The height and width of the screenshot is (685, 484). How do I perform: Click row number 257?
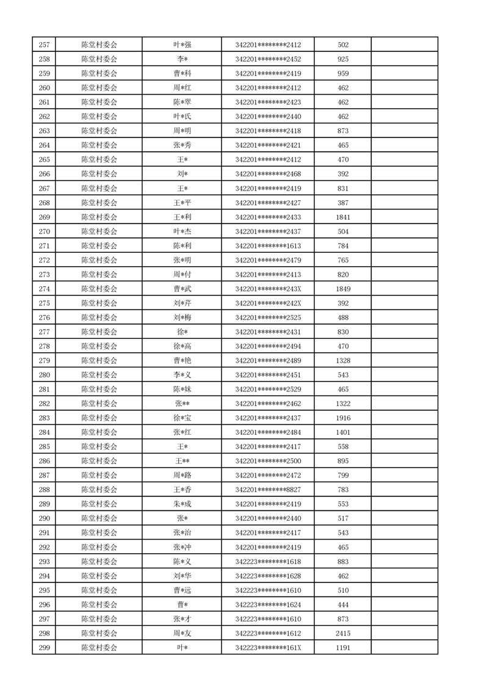[44, 45]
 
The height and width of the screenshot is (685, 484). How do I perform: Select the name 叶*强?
[182, 45]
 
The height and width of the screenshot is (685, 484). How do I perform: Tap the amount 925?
[342, 59]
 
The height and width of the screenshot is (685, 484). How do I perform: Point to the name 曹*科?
[182, 73]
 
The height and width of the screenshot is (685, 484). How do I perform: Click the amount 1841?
[342, 217]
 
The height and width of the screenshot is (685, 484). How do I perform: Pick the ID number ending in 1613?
[268, 246]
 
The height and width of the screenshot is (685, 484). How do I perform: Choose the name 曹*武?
[182, 289]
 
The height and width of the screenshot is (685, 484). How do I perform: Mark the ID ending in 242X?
[268, 303]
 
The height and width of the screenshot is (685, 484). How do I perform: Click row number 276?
[44, 317]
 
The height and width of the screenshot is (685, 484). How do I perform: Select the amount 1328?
[342, 361]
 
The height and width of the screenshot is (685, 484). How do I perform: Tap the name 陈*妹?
[182, 390]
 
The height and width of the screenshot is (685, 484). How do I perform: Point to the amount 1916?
[342, 418]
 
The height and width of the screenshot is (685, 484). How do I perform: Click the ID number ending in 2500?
[268, 461]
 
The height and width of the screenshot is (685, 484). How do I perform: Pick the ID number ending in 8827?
[268, 490]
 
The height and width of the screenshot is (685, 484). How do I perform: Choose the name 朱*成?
[182, 504]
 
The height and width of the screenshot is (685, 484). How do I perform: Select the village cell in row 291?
[99, 533]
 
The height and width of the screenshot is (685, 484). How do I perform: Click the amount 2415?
[342, 634]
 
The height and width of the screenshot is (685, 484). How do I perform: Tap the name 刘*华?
[182, 576]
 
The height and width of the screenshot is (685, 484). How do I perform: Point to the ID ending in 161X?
[268, 648]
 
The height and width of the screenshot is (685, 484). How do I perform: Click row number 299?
[44, 648]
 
